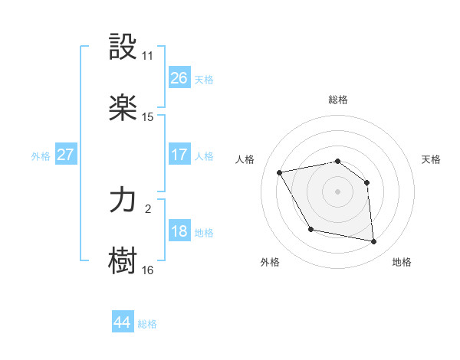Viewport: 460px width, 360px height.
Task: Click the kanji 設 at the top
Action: point(123,47)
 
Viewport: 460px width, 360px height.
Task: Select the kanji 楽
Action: point(123,108)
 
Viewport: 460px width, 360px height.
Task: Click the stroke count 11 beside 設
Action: point(147,56)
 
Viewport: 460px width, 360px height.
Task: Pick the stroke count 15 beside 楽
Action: point(147,117)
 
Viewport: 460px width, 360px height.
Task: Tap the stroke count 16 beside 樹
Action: point(147,270)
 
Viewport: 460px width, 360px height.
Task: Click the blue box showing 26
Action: point(179,77)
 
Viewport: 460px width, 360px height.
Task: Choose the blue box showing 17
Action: point(179,154)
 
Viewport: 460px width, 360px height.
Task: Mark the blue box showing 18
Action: point(179,231)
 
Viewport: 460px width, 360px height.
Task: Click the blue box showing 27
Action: point(66,154)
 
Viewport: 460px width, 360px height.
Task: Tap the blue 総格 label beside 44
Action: point(148,324)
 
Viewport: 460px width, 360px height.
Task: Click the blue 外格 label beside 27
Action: point(41,155)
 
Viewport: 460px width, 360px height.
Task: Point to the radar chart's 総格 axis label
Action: point(338,100)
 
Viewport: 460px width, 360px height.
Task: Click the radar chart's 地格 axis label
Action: point(402,262)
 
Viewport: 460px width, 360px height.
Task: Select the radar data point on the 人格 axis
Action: point(280,172)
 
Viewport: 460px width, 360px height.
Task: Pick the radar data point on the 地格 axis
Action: point(374,242)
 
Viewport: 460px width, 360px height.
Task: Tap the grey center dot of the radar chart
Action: point(338,191)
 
